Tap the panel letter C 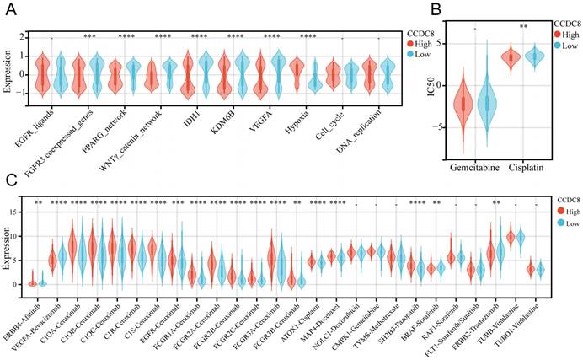pyautogui.click(x=8, y=180)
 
